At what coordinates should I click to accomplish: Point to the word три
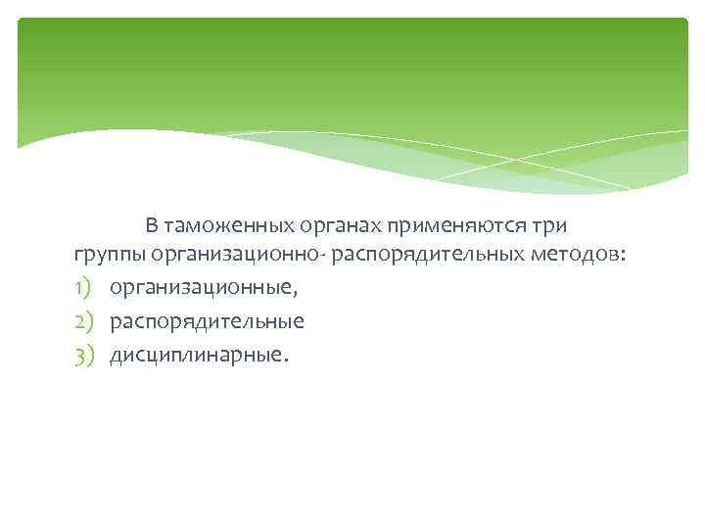549,225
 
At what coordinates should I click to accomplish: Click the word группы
109,257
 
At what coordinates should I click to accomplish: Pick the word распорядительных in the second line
433,257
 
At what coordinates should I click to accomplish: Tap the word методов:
586,257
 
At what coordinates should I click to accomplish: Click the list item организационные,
204,289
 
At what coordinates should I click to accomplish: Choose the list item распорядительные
207,321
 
